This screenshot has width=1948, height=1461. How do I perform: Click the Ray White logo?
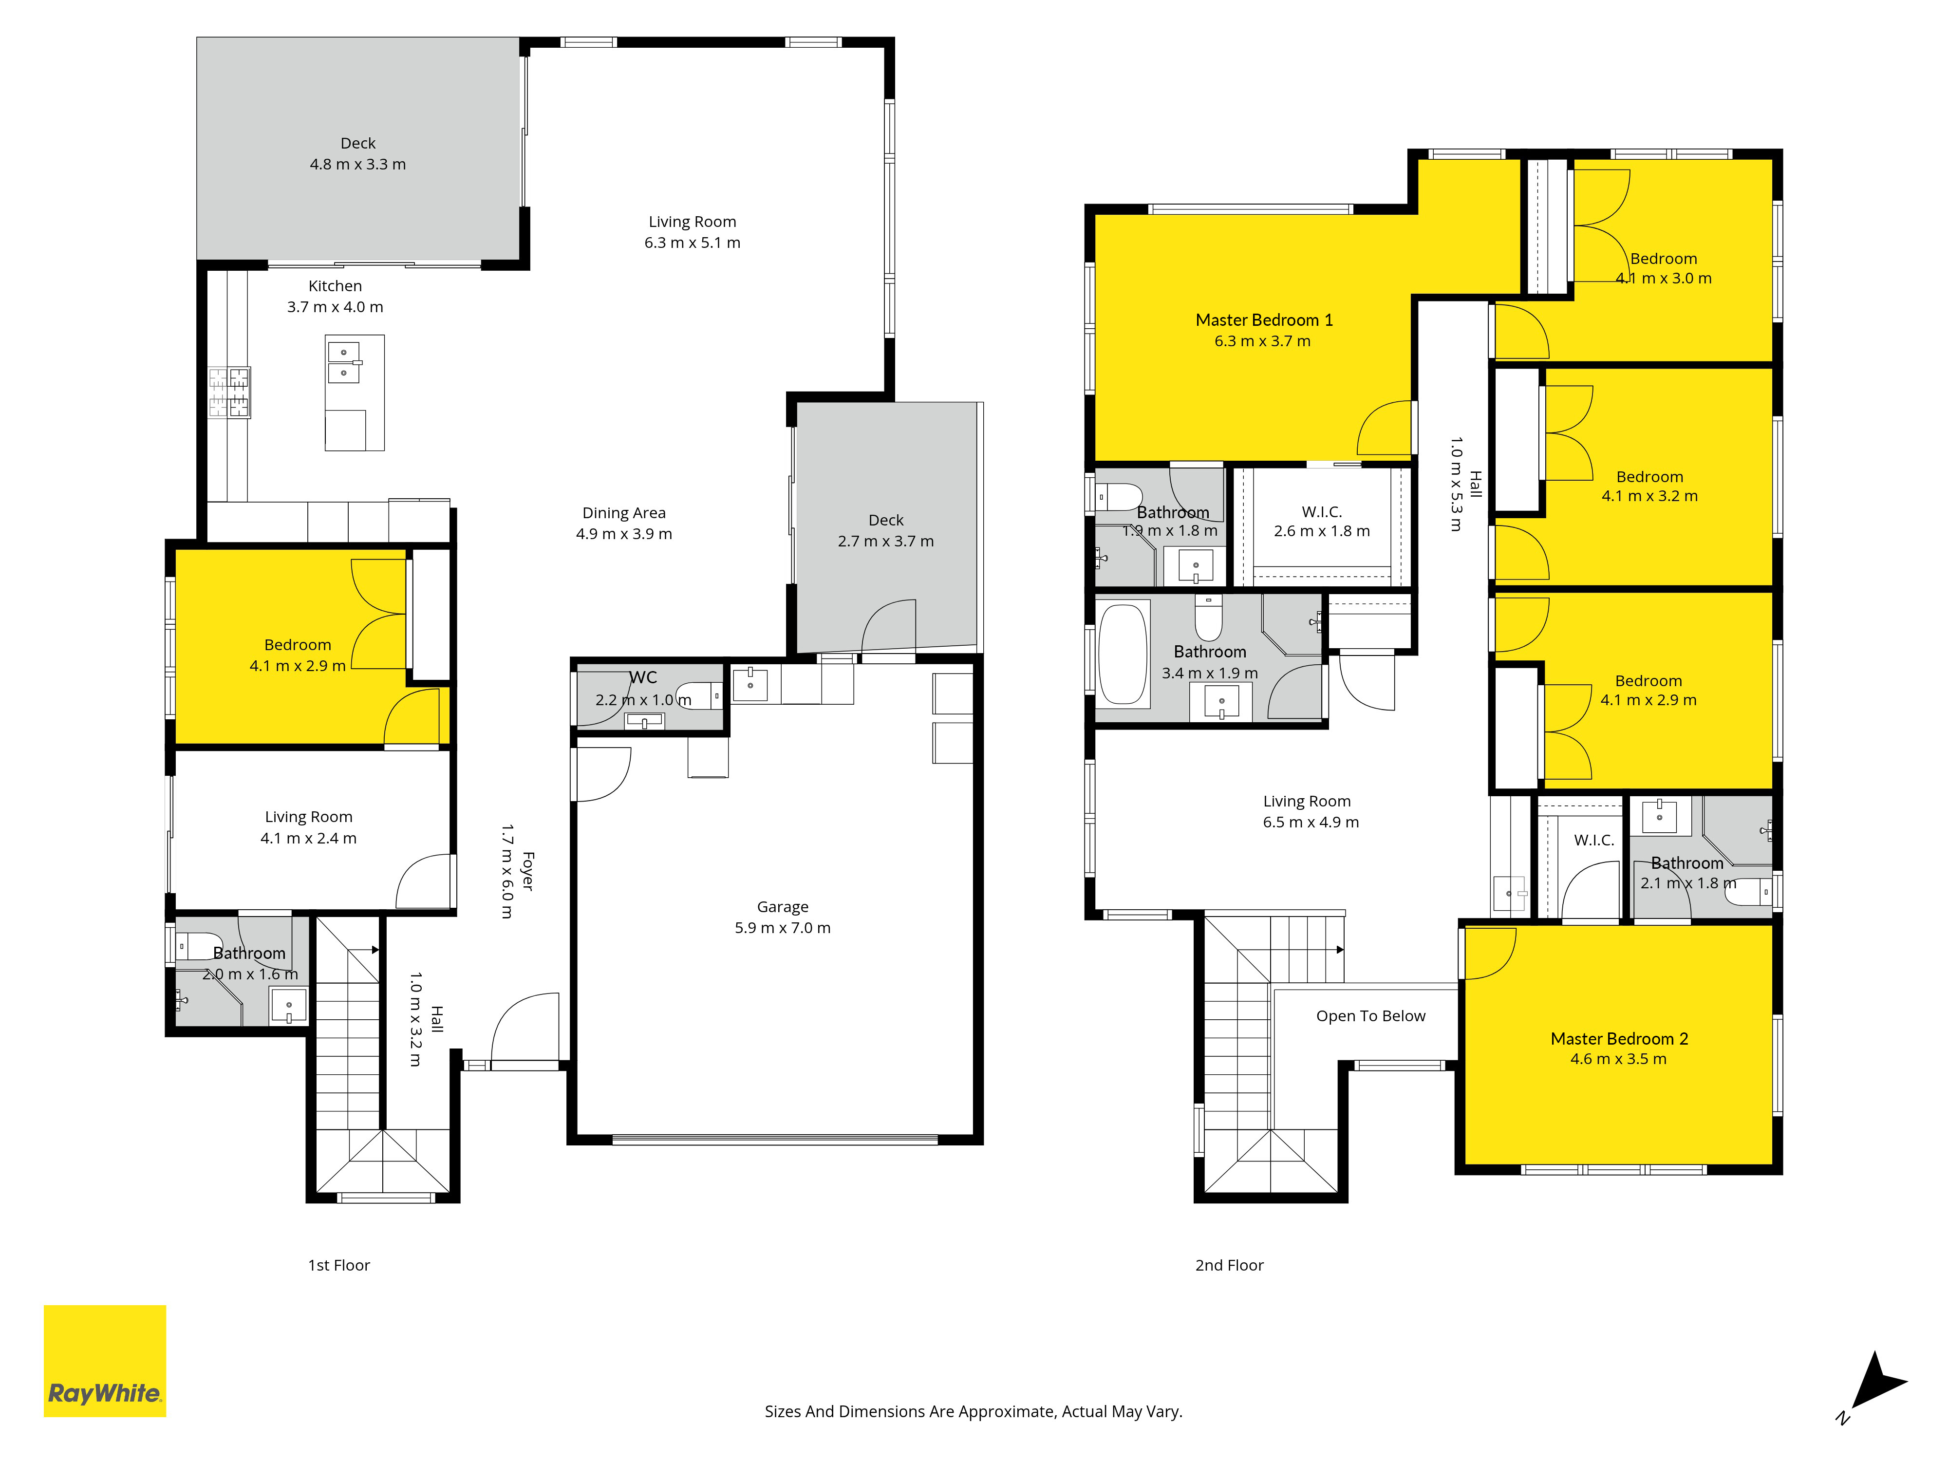coord(105,1361)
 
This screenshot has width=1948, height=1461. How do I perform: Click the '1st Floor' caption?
coord(339,1266)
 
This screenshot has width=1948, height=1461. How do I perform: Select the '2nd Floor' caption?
coord(1229,1266)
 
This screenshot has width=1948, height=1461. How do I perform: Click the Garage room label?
coord(783,917)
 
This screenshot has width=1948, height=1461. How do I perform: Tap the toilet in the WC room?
coord(700,696)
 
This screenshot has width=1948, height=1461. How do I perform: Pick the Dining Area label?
coord(624,523)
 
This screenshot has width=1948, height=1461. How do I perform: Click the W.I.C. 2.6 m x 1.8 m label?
coord(1322,522)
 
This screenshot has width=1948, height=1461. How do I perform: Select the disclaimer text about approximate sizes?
coord(973,1412)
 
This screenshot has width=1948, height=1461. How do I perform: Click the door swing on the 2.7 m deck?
coord(889,627)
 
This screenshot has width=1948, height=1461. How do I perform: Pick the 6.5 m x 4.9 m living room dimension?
coord(1311,823)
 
